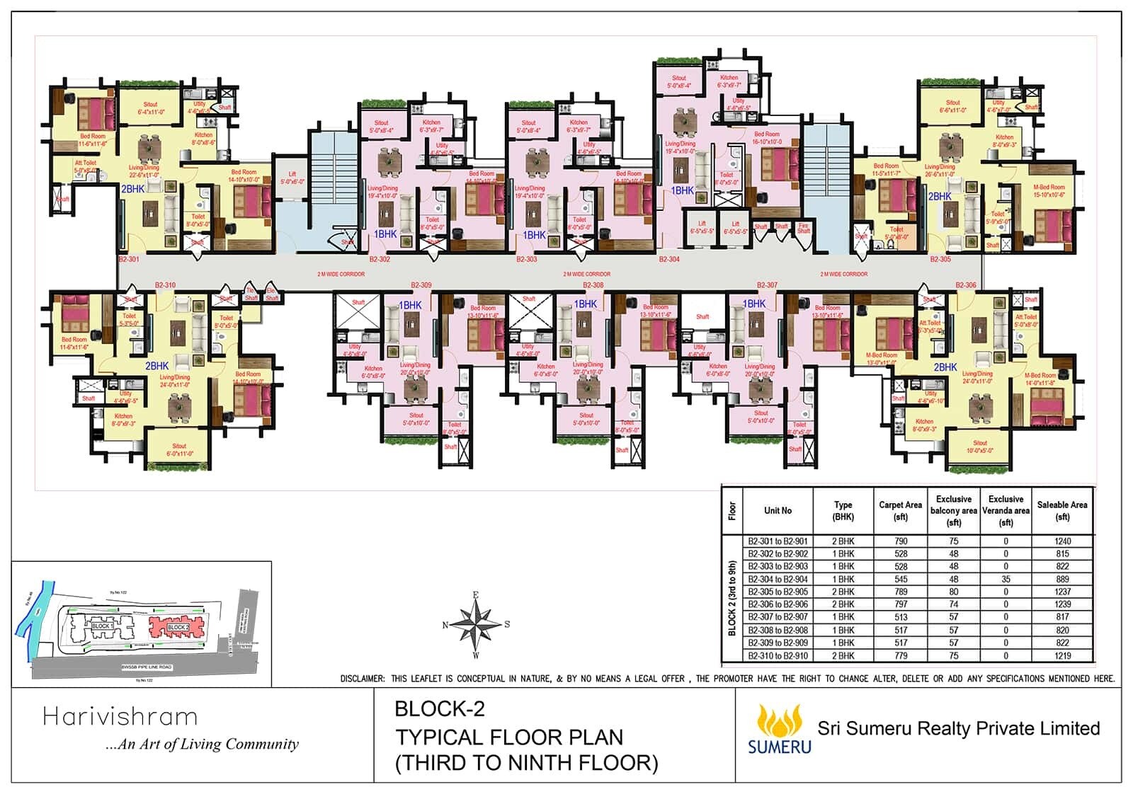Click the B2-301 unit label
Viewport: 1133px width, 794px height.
pyautogui.click(x=129, y=260)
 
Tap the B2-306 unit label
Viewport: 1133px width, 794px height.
pyautogui.click(x=965, y=285)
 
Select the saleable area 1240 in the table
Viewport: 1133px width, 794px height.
pyautogui.click(x=1062, y=541)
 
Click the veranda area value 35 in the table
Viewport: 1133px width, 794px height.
pyautogui.click(x=1006, y=579)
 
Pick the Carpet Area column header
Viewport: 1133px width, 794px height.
pyautogui.click(x=900, y=510)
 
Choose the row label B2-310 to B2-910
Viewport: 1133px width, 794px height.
pyautogui.click(x=778, y=656)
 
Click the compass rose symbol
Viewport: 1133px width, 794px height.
pyautogui.click(x=476, y=625)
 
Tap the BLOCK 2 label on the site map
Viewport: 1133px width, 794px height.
pyautogui.click(x=178, y=628)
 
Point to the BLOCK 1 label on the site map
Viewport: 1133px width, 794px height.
pyautogui.click(x=101, y=626)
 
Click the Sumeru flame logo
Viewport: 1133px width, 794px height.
pyautogui.click(x=779, y=720)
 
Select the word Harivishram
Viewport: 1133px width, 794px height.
pyautogui.click(x=120, y=717)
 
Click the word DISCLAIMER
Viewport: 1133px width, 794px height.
pyautogui.click(x=362, y=679)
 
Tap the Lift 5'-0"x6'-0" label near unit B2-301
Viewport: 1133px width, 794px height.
pyautogui.click(x=292, y=178)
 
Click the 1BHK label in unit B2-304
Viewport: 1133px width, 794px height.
pyautogui.click(x=682, y=190)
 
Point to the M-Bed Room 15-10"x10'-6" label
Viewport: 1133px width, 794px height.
pyautogui.click(x=1049, y=191)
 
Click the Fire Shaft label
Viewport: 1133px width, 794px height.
pyautogui.click(x=803, y=229)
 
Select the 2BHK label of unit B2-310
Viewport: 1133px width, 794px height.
pyautogui.click(x=156, y=366)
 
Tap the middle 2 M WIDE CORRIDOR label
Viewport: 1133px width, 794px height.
pyautogui.click(x=586, y=274)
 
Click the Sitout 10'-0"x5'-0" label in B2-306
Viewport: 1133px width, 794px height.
pyautogui.click(x=980, y=447)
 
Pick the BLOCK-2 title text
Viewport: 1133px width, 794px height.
pyautogui.click(x=439, y=708)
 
